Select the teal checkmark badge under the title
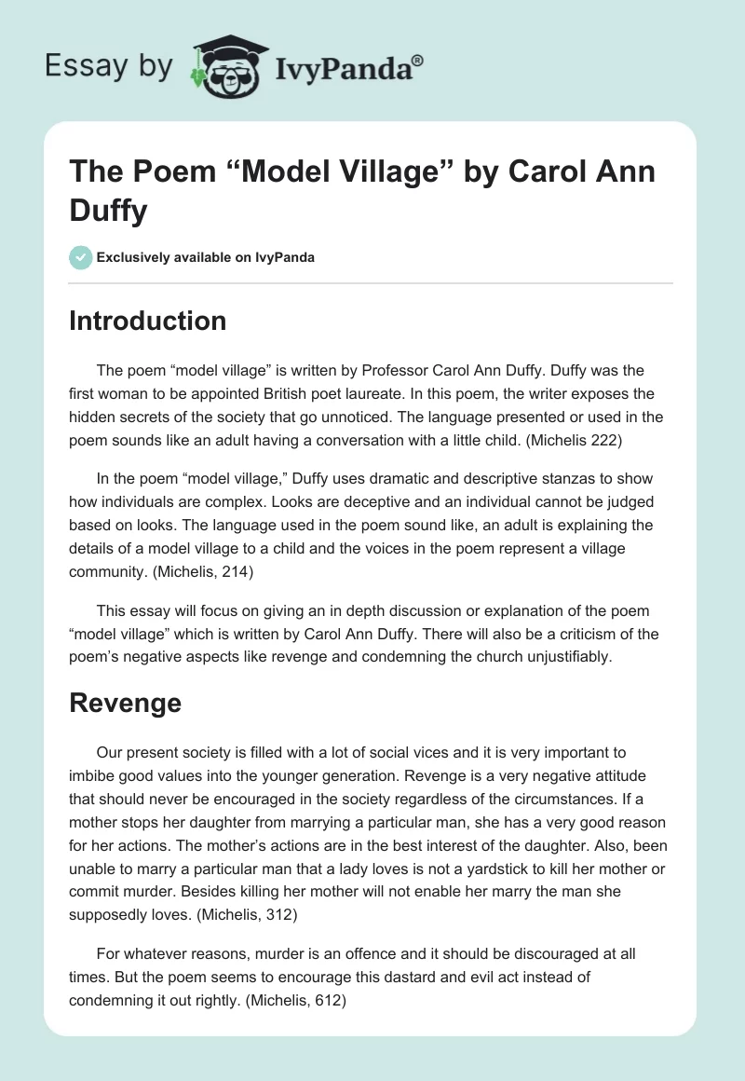(80, 257)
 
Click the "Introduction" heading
(148, 321)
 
